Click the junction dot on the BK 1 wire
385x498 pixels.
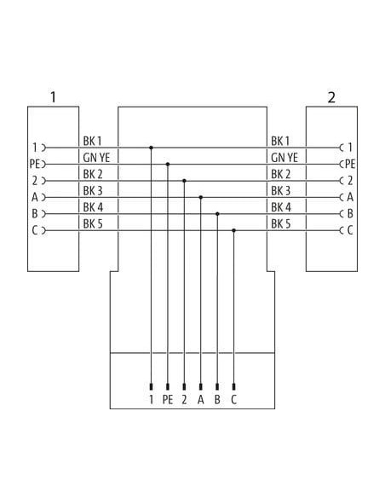(x=152, y=148)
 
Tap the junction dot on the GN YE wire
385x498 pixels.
(x=168, y=165)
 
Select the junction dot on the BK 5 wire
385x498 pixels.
(x=233, y=230)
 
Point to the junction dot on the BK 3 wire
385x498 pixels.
(x=201, y=197)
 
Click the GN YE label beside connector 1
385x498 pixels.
(x=96, y=158)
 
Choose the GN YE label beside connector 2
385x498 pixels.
(x=284, y=158)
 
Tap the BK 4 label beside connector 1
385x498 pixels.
(x=93, y=207)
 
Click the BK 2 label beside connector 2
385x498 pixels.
(x=281, y=174)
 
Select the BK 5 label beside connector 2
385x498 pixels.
(x=281, y=224)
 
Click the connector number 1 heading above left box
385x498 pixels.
(x=54, y=97)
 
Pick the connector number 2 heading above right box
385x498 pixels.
(x=331, y=97)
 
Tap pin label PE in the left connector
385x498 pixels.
(x=34, y=165)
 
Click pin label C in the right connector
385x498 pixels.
(x=350, y=230)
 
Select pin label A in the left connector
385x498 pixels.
(x=35, y=197)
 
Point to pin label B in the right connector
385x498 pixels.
(x=350, y=214)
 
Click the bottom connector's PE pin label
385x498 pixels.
(x=168, y=400)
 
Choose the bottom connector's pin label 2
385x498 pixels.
(x=184, y=400)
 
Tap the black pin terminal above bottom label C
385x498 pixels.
(x=233, y=387)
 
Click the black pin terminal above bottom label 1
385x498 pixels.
(x=152, y=387)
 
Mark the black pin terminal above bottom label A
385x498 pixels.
(x=201, y=387)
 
